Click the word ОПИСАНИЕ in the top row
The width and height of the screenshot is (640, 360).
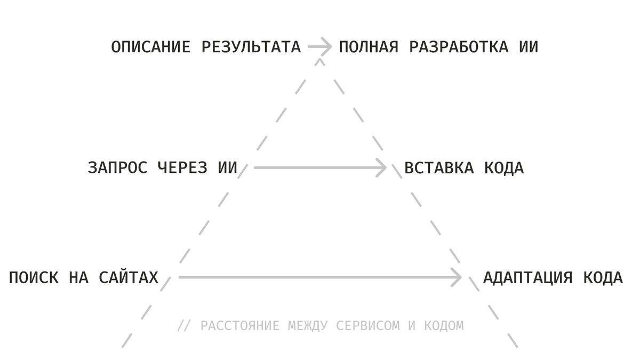click(x=150, y=47)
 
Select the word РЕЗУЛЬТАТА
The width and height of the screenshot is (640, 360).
click(x=252, y=47)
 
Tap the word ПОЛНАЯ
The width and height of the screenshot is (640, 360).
click(x=369, y=47)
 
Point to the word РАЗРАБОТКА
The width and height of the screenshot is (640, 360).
click(x=459, y=47)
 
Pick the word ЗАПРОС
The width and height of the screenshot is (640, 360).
click(x=117, y=168)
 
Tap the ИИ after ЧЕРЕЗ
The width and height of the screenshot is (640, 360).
click(x=228, y=168)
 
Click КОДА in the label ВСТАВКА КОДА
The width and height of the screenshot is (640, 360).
click(x=504, y=168)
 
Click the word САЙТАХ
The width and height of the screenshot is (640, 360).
click(x=129, y=278)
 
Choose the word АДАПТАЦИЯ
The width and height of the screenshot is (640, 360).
click(x=527, y=278)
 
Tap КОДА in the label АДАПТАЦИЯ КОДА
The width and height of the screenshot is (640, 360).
click(x=603, y=278)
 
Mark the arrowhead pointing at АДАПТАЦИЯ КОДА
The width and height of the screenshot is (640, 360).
click(x=456, y=277)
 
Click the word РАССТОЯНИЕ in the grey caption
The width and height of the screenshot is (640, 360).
click(x=240, y=325)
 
